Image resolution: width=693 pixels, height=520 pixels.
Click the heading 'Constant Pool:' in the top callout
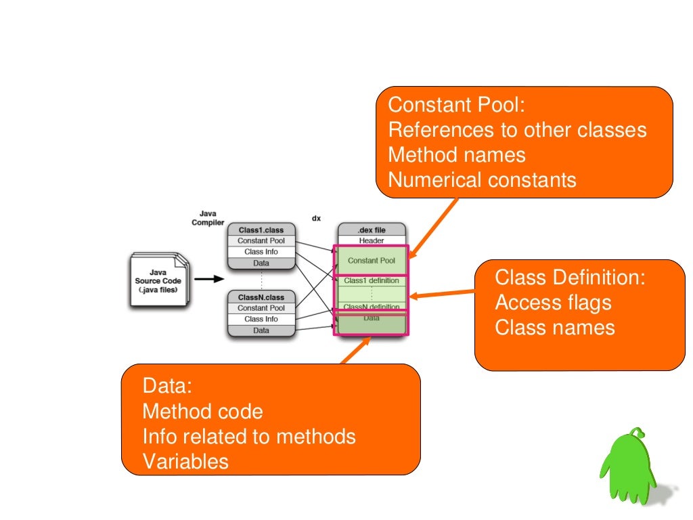[x=457, y=106]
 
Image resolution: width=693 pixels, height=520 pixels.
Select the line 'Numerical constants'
[x=482, y=180]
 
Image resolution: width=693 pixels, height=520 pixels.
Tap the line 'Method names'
[x=457, y=155]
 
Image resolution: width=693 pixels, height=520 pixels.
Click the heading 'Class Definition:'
[x=571, y=278]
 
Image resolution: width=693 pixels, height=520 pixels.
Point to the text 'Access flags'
[x=553, y=303]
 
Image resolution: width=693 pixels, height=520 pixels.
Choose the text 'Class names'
[x=555, y=328]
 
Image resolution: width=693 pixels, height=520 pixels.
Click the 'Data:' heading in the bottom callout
[x=167, y=386]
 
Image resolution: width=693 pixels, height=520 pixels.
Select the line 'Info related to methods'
[x=249, y=436]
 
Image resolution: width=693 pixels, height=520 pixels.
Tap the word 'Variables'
[x=185, y=462]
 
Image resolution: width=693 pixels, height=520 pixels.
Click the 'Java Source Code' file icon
[x=157, y=280]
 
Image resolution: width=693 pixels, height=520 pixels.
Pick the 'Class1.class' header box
[x=261, y=230]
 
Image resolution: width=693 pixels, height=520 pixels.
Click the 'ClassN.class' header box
[x=261, y=297]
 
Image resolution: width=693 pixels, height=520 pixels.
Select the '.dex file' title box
[x=371, y=230]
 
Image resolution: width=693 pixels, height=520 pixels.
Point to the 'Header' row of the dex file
[x=371, y=240]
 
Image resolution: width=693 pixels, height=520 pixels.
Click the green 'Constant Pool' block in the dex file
[x=371, y=261]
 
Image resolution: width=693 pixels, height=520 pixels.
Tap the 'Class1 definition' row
[x=371, y=280]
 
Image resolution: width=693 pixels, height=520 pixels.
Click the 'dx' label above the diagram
[x=316, y=218]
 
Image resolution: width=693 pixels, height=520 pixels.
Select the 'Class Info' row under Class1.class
[x=261, y=252]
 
